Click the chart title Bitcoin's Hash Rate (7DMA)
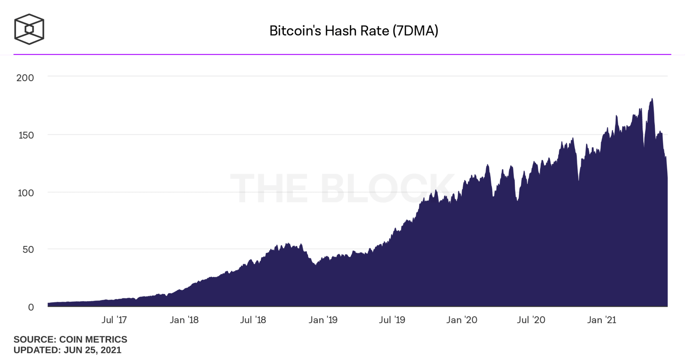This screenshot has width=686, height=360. click(353, 31)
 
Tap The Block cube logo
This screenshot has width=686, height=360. click(29, 29)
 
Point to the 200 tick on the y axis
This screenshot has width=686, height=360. click(25, 78)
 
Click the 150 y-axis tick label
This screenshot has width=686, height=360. click(26, 135)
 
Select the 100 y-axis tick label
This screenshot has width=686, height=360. click(26, 193)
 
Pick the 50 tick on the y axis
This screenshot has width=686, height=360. click(28, 250)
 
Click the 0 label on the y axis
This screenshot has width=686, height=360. click(31, 307)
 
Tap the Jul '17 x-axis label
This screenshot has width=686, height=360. click(114, 320)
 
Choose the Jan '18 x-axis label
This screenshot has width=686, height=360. click(184, 320)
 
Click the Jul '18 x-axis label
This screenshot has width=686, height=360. click(253, 320)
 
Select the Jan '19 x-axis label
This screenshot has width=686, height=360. click(323, 320)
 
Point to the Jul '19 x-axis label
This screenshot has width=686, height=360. click(392, 320)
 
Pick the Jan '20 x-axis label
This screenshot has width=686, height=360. click(462, 320)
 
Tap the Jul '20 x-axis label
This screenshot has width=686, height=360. click(531, 320)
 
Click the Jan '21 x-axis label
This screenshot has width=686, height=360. click(602, 320)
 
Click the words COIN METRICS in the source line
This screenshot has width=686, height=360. click(93, 339)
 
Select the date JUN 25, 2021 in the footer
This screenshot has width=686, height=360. click(93, 350)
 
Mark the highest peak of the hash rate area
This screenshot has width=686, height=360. click(652, 99)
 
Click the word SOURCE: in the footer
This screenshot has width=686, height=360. click(35, 339)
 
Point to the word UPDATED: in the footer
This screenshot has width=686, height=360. click(37, 350)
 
